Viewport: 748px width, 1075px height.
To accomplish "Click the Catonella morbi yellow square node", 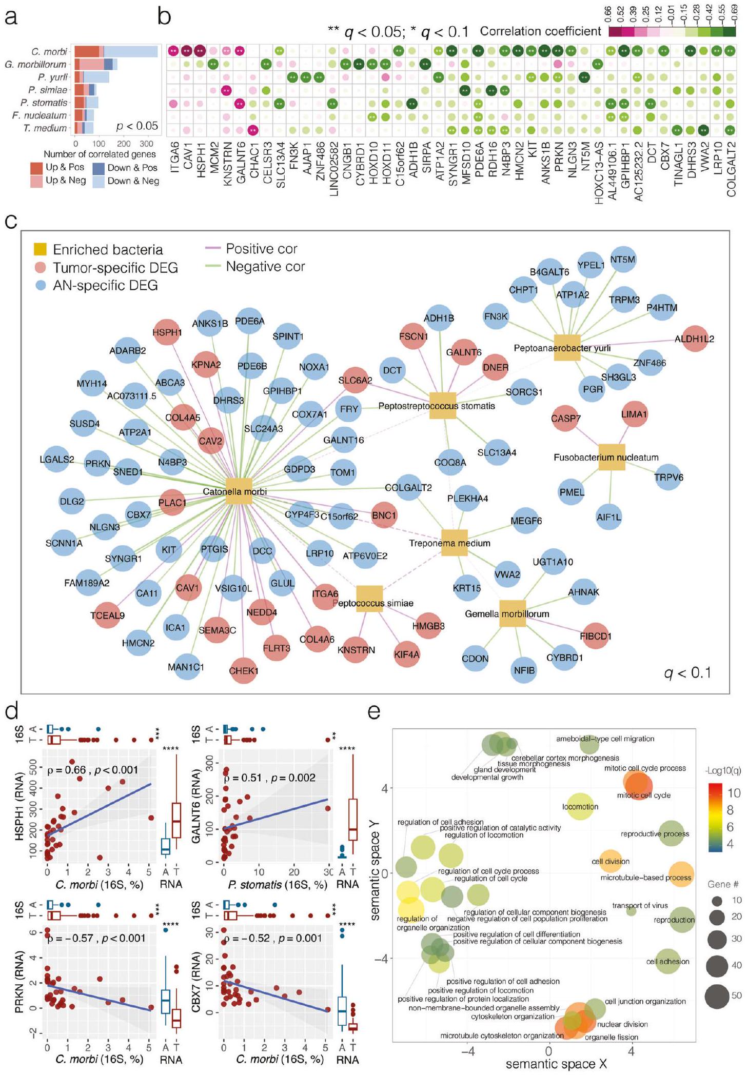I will pyautogui.click(x=239, y=491).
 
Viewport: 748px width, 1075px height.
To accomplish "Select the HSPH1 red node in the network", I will pyautogui.click(x=167, y=332).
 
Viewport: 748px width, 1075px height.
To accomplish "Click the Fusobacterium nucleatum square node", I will pyautogui.click(x=612, y=457).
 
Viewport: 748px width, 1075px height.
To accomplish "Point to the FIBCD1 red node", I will pyautogui.click(x=595, y=636).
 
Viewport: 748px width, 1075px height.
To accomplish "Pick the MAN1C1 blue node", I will pyautogui.click(x=186, y=667).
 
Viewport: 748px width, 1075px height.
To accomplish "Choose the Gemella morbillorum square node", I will pyautogui.click(x=513, y=613).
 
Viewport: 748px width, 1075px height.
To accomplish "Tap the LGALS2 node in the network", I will pyautogui.click(x=57, y=459).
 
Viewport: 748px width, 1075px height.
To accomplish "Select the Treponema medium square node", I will pyautogui.click(x=455, y=543).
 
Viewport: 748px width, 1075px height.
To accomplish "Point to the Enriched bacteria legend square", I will pyautogui.click(x=40, y=249).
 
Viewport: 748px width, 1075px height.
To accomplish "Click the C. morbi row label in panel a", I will pyautogui.click(x=49, y=52).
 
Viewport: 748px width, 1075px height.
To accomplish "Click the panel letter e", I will pyautogui.click(x=375, y=712).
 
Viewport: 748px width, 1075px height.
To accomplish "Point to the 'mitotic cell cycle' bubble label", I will pyautogui.click(x=643, y=795).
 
